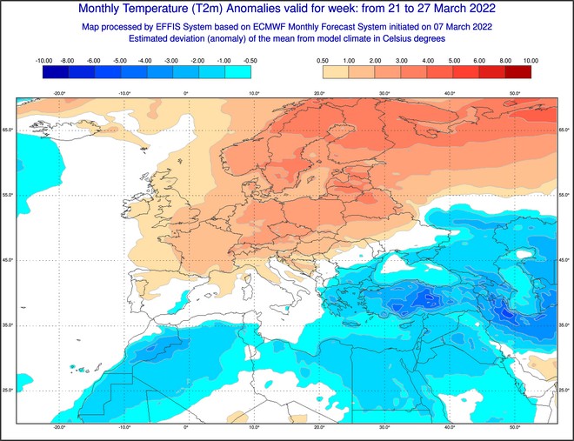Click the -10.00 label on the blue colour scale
tap(43, 61)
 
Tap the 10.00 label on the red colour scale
tap(531, 61)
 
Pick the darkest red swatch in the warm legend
tap(518, 72)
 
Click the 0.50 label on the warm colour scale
tap(322, 61)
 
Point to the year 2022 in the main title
tap(478, 10)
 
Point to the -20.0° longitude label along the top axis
tap(59, 93)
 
